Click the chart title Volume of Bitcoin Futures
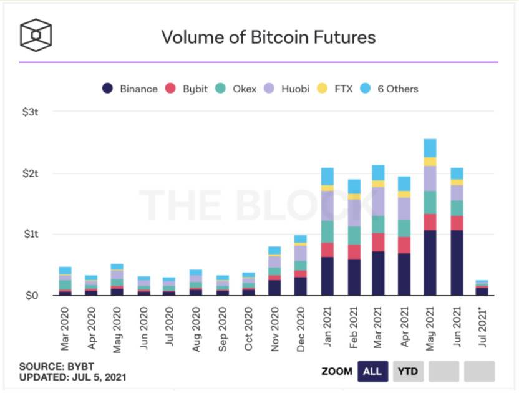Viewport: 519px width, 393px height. [268, 37]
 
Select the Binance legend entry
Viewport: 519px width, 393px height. [130, 89]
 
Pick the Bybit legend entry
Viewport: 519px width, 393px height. [187, 89]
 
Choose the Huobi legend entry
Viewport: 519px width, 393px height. [284, 89]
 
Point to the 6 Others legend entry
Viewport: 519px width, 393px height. [390, 89]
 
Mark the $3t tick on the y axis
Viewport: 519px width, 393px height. [31, 112]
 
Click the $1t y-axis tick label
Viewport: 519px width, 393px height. [31, 235]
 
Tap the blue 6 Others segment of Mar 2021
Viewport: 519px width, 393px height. [378, 173]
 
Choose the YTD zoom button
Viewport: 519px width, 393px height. [409, 371]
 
